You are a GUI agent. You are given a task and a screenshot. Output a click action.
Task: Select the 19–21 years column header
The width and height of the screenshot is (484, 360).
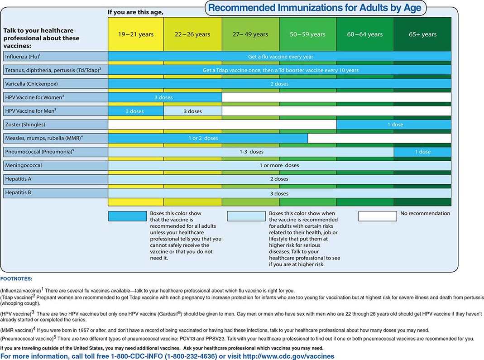136,34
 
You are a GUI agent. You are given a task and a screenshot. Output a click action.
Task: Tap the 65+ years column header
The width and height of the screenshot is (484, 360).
422,34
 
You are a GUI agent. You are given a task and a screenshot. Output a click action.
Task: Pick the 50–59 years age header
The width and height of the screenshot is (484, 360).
308,34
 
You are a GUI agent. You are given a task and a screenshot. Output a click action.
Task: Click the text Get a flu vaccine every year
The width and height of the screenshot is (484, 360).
280,57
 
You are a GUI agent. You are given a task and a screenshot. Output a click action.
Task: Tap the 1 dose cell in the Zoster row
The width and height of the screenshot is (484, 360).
395,125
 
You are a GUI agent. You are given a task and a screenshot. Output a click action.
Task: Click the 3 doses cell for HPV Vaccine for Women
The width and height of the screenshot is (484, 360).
163,97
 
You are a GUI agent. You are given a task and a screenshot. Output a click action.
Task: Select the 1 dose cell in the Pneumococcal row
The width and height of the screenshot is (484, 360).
422,152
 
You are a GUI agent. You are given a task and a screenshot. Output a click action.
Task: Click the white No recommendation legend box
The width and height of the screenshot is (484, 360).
377,216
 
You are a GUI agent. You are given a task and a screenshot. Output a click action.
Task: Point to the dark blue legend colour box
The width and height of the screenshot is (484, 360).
127,216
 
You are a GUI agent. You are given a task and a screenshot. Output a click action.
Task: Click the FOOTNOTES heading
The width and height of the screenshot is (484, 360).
16,279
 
